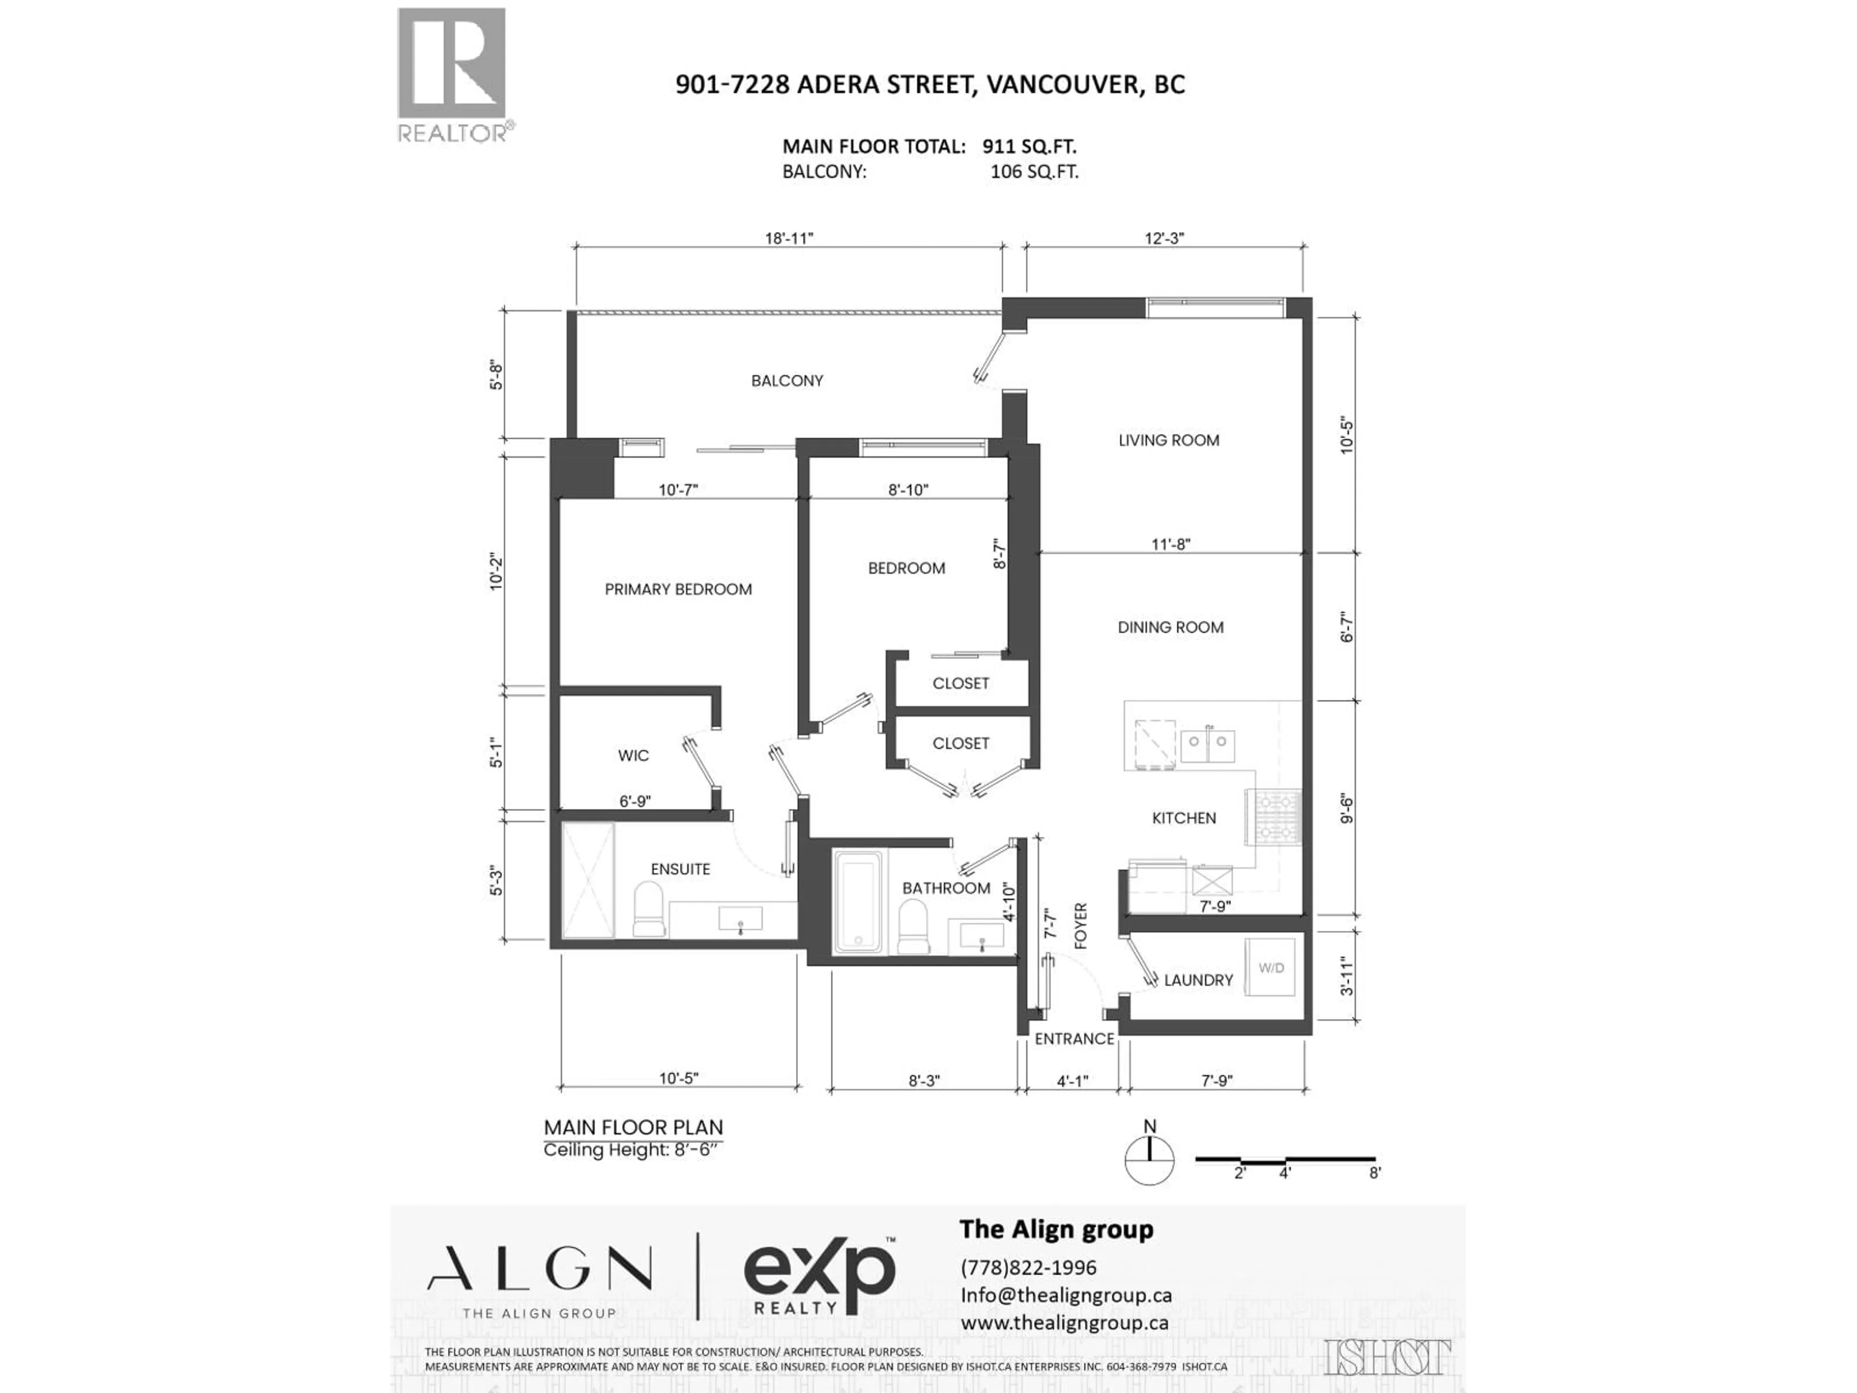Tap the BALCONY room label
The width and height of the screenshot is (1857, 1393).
(787, 380)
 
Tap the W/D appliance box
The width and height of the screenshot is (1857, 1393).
(1271, 967)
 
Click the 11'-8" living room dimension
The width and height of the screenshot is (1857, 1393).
(1170, 544)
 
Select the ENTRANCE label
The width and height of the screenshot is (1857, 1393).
(1074, 1038)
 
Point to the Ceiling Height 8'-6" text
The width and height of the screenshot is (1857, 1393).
(632, 1150)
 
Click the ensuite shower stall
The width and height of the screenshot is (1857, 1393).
(588, 880)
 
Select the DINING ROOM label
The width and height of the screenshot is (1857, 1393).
(1170, 627)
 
